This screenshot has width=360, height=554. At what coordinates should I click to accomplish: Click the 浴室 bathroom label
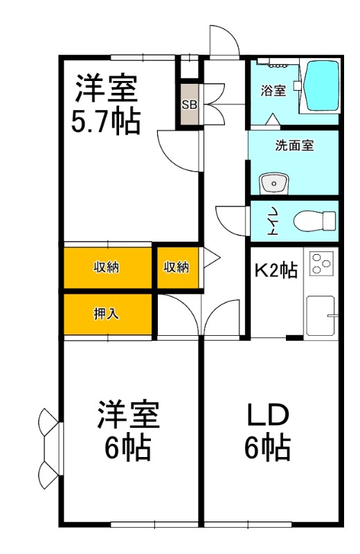click(x=273, y=91)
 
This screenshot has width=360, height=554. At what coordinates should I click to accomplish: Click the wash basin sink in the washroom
click(x=273, y=184)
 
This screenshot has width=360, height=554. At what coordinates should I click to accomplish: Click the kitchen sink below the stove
click(x=320, y=316)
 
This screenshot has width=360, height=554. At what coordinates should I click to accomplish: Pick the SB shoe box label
click(x=188, y=105)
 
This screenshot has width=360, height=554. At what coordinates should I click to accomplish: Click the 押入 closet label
click(x=107, y=313)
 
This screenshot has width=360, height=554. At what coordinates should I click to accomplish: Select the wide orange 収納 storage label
click(x=107, y=267)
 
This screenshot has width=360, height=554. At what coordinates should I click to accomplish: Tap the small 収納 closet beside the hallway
click(x=177, y=267)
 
